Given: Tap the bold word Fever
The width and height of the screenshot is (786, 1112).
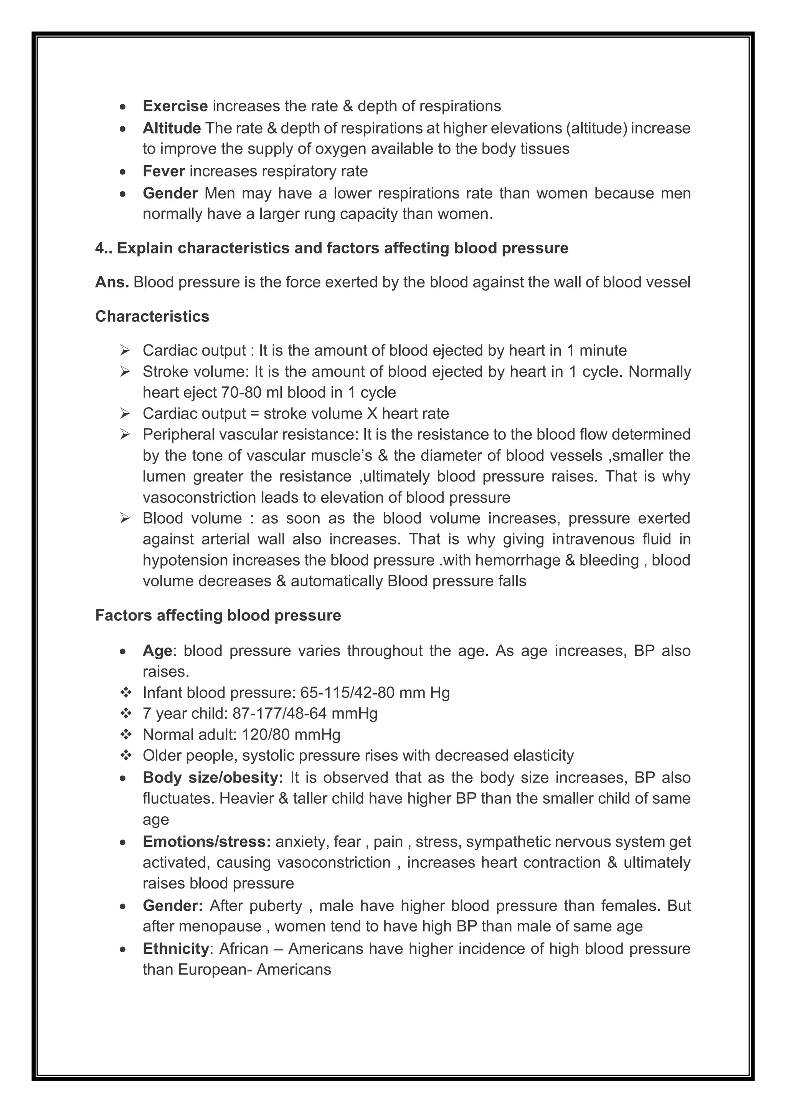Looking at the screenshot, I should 163,171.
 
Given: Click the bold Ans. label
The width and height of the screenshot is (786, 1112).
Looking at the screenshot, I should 112,282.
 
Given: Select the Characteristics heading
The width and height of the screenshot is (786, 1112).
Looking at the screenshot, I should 152,316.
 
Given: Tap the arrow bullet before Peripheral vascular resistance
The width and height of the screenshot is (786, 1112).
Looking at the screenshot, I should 125,434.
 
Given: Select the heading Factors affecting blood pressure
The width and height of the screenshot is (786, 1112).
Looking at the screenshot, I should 218,616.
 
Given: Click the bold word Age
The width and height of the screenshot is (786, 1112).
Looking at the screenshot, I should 157,651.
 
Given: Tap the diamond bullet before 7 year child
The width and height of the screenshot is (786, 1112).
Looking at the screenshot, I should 126,714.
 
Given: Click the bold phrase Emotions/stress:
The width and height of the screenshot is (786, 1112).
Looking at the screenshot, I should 206,842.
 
